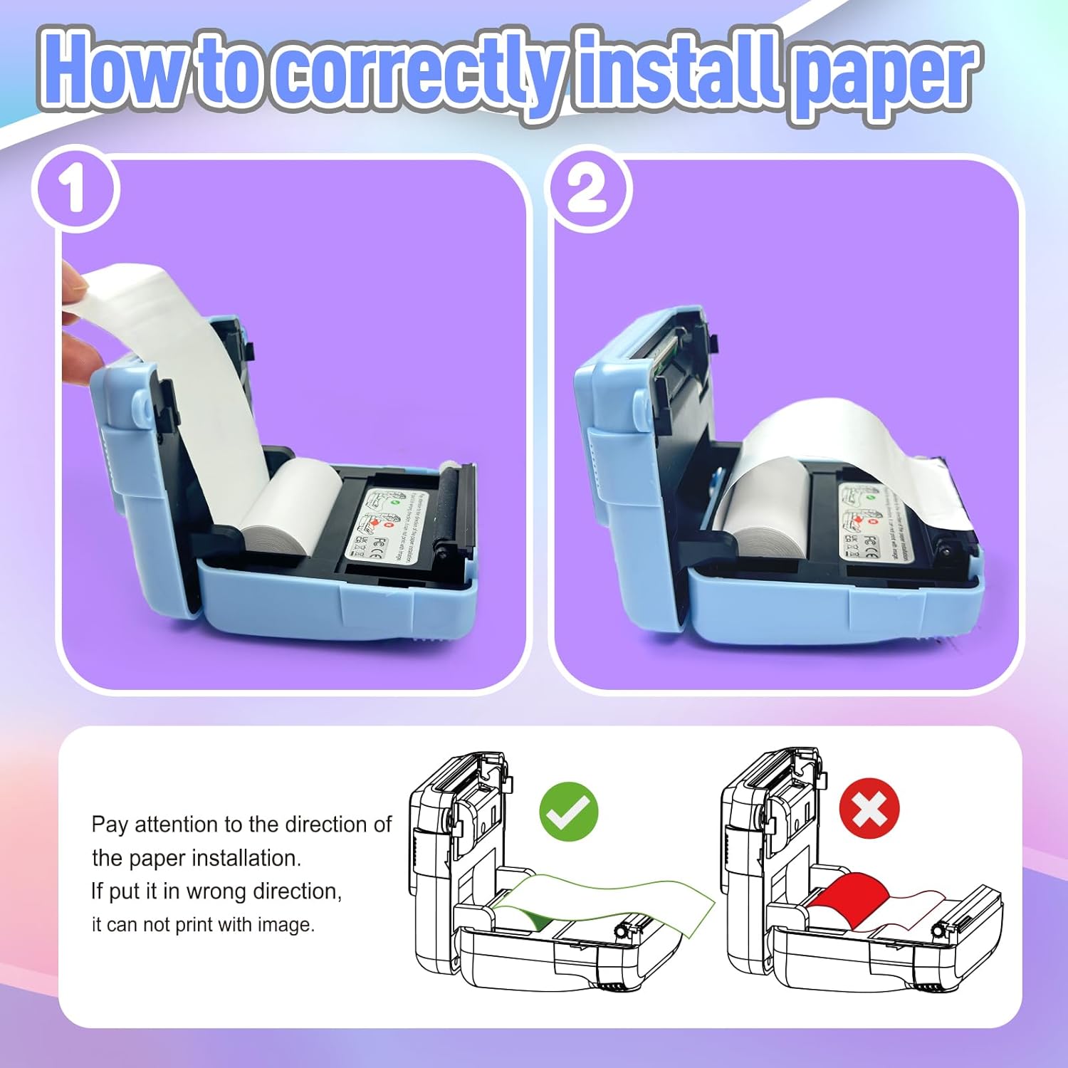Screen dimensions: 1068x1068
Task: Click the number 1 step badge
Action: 75,189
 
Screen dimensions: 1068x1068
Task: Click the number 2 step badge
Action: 588,189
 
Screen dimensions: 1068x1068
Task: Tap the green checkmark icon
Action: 568,811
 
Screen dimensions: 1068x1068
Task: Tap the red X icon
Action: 869,809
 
